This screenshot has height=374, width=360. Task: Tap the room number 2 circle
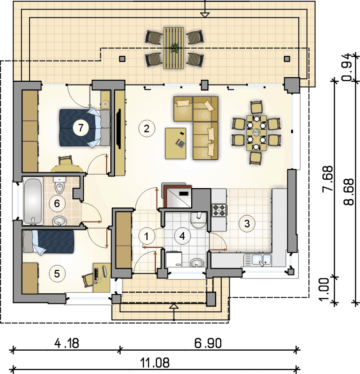(147, 129)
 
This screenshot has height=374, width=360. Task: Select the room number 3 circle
(247, 224)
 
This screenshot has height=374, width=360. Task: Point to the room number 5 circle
(57, 274)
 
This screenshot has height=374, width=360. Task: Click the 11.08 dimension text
(155, 363)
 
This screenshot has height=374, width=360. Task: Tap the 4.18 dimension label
(67, 343)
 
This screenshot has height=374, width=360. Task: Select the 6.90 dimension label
(208, 343)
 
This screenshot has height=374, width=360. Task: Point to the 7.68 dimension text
(327, 178)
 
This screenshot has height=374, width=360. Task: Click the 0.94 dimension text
(347, 67)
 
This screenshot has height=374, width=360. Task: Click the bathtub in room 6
(33, 201)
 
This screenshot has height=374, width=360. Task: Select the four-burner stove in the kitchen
(219, 210)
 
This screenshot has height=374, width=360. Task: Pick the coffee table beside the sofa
(175, 143)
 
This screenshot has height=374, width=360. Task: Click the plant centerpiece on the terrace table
(174, 49)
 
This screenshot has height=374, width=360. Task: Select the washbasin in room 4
(197, 263)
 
